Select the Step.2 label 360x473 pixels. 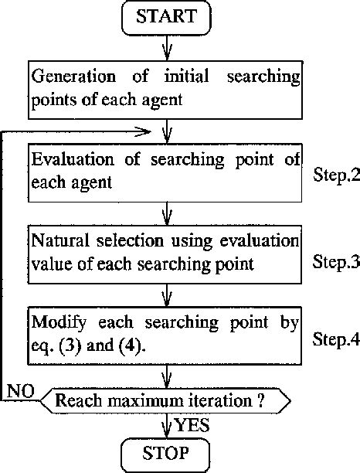tap(335, 176)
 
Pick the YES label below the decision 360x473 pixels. tap(191, 424)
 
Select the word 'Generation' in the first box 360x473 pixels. tap(70, 79)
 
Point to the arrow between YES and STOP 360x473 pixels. tap(167, 426)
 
